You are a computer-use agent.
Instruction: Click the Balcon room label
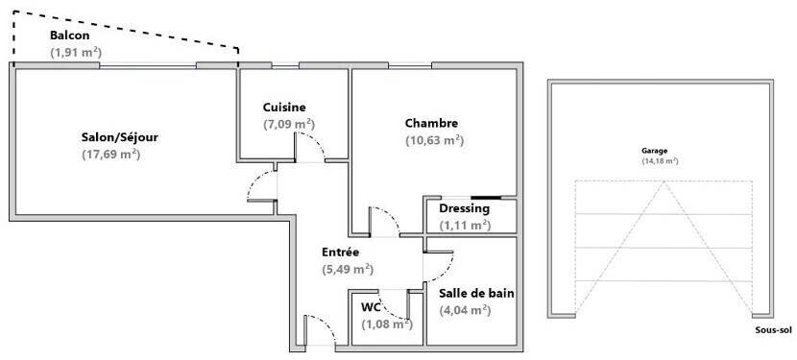click(70, 36)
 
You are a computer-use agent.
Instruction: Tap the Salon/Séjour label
click(119, 138)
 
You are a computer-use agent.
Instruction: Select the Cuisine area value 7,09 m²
click(289, 124)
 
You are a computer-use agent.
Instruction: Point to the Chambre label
click(431, 123)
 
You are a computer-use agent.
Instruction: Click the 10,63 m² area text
click(435, 140)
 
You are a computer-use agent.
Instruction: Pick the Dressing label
click(465, 208)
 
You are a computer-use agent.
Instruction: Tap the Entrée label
click(341, 252)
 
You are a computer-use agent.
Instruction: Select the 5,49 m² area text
click(348, 270)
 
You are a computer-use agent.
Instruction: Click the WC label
click(371, 307)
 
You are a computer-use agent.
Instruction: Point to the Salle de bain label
click(477, 294)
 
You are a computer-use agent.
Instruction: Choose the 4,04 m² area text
click(465, 310)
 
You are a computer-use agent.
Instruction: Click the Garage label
click(654, 151)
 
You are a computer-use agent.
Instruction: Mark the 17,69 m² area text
click(110, 155)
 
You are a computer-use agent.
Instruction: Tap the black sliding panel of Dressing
click(486, 198)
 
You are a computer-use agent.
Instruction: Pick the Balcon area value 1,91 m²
click(76, 52)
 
